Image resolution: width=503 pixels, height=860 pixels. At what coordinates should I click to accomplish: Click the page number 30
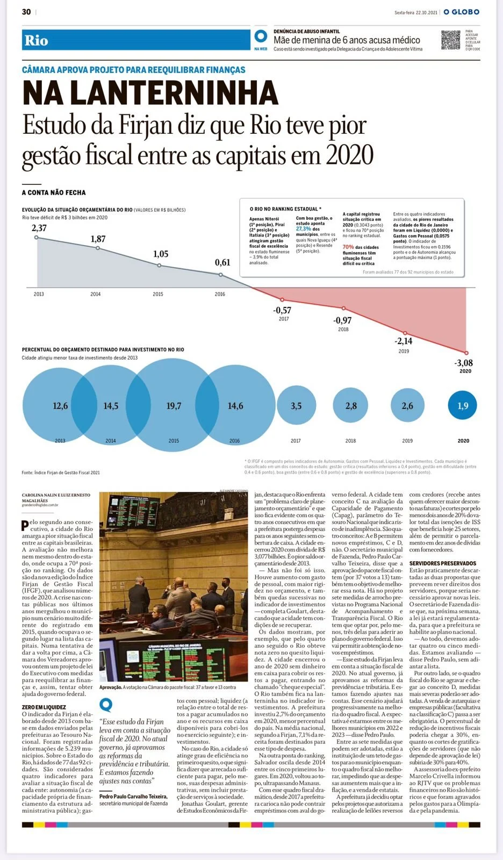pyautogui.click(x=26, y=12)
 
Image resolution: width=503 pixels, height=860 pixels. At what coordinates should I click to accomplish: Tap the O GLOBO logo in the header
pyautogui.click(x=461, y=12)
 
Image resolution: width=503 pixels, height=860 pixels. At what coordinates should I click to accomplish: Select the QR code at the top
pyautogui.click(x=451, y=40)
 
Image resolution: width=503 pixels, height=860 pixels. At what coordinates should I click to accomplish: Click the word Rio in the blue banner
pyautogui.click(x=36, y=41)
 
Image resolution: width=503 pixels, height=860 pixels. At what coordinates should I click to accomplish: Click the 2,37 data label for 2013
pyautogui.click(x=39, y=228)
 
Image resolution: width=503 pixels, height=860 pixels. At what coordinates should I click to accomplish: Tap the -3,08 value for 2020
pyautogui.click(x=464, y=363)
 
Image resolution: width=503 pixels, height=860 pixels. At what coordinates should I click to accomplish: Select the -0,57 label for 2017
pyautogui.click(x=282, y=310)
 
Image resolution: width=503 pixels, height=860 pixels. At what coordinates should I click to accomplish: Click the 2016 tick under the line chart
pyautogui.click(x=220, y=294)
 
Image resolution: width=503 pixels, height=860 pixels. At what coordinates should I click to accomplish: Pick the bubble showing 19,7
pyautogui.click(x=174, y=406)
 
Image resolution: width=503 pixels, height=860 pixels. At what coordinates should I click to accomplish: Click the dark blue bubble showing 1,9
pyautogui.click(x=463, y=406)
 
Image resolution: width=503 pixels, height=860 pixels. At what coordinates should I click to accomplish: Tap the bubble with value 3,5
pyautogui.click(x=296, y=406)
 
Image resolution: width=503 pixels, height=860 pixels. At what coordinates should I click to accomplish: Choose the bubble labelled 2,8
pyautogui.click(x=351, y=406)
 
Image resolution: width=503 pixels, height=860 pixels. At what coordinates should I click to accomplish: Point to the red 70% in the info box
pyautogui.click(x=348, y=247)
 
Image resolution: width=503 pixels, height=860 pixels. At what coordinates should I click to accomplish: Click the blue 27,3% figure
pyautogui.click(x=304, y=228)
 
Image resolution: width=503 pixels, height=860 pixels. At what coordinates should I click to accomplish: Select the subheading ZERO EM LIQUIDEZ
pyautogui.click(x=44, y=707)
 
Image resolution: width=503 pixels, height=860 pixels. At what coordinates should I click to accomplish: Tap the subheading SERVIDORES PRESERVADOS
pyautogui.click(x=442, y=563)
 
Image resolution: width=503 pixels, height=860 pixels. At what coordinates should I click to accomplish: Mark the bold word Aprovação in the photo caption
pyautogui.click(x=110, y=687)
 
